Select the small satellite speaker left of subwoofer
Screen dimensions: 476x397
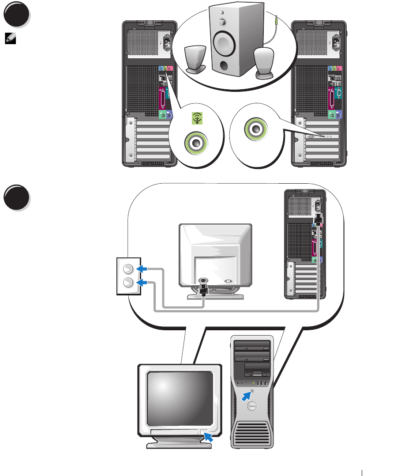[x=195, y=60]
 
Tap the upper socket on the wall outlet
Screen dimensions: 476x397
[x=127, y=268]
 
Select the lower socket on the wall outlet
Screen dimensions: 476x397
[x=127, y=282]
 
